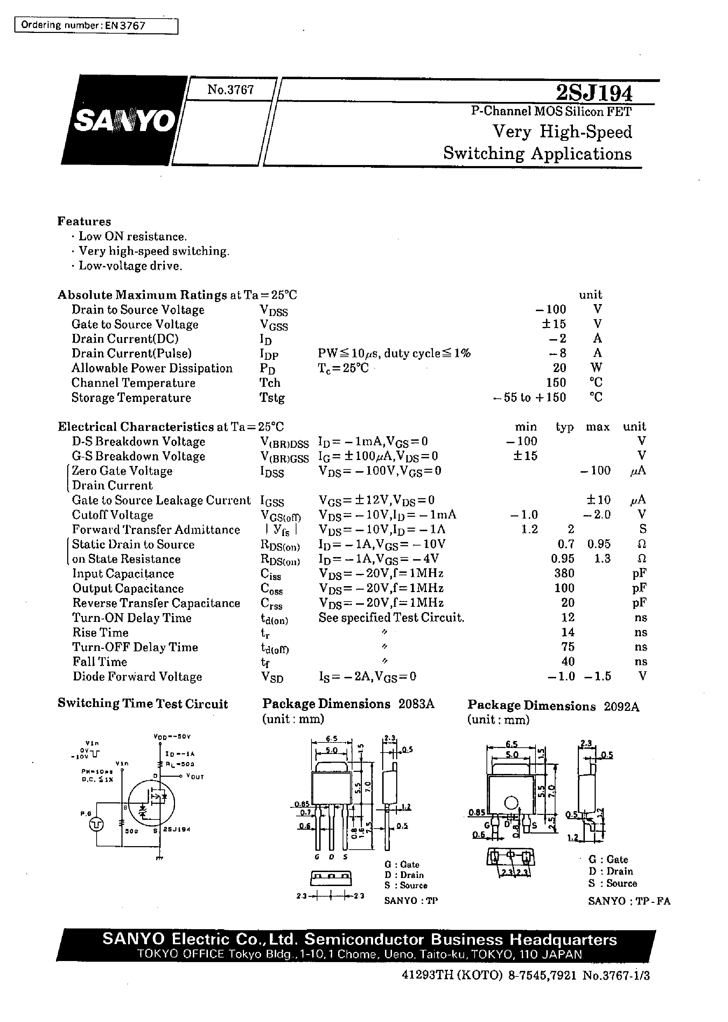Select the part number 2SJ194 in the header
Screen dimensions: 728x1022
point(594,93)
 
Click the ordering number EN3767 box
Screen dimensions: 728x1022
point(96,26)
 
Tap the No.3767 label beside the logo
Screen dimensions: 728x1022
point(230,90)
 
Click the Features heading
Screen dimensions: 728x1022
point(84,221)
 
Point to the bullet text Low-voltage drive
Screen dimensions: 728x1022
point(131,266)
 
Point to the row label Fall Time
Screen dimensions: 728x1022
point(99,662)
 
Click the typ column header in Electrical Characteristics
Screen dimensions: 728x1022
point(565,427)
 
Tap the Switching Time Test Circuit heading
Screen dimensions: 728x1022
point(142,704)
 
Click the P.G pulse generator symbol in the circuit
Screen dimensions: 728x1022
point(96,824)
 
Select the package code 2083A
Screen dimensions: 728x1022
point(416,704)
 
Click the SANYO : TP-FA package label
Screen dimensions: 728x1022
point(629,900)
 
